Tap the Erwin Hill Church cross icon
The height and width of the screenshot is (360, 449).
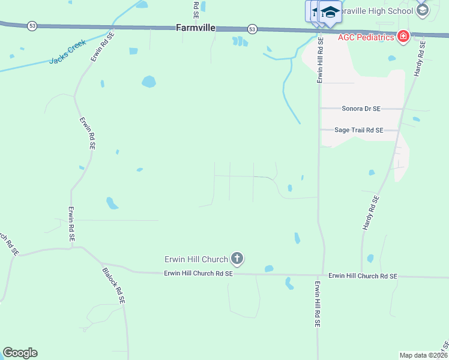pyautogui.click(x=237, y=259)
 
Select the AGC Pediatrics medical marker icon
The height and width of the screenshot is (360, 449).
pyautogui.click(x=403, y=37)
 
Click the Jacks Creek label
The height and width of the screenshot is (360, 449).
pyautogui.click(x=67, y=52)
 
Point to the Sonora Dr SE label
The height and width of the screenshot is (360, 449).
pyautogui.click(x=361, y=109)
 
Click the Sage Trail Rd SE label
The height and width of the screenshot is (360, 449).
pyautogui.click(x=359, y=130)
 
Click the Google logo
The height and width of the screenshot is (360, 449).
pyautogui.click(x=20, y=353)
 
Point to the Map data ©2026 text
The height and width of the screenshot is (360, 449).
pyautogui.click(x=423, y=355)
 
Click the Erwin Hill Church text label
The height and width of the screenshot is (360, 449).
pyautogui.click(x=196, y=259)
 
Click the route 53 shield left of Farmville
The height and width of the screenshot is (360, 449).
pyautogui.click(x=31, y=26)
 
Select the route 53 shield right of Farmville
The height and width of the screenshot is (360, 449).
pyautogui.click(x=252, y=29)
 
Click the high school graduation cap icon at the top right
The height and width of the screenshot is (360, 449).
pyautogui.click(x=422, y=10)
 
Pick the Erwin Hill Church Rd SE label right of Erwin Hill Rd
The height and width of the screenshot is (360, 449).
pyautogui.click(x=363, y=276)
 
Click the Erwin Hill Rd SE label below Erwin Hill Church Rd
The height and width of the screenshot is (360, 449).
pyautogui.click(x=317, y=303)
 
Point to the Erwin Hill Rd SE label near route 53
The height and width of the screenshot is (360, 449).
pyautogui.click(x=320, y=59)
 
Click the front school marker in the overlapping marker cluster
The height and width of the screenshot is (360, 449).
pyautogui.click(x=330, y=12)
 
